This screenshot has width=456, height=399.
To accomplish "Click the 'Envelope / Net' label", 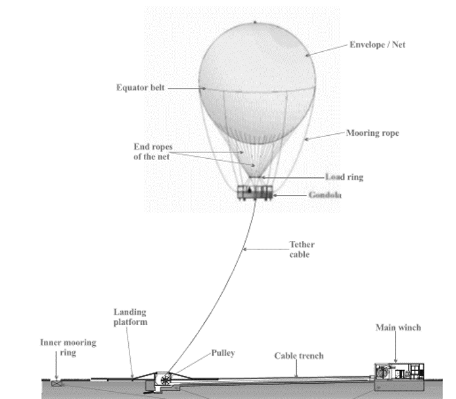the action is point(377,45).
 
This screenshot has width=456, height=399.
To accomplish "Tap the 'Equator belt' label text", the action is point(141,87).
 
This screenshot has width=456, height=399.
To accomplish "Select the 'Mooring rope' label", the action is point(373,133).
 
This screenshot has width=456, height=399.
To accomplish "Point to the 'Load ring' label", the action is point(344,177).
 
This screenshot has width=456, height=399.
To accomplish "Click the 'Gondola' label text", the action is point(325,195).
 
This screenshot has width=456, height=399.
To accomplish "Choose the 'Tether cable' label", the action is point(302,249).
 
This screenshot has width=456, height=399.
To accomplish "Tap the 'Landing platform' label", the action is point(130,317).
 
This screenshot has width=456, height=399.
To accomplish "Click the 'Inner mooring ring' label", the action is point(68,347).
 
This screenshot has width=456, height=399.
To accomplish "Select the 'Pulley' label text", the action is point(223,353).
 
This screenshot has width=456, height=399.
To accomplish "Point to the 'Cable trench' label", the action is point(299,356).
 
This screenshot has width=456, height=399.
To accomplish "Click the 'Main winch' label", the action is point(398,327).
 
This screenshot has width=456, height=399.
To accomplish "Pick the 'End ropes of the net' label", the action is point(153,152).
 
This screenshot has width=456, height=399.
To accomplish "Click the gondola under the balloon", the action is point(255,192).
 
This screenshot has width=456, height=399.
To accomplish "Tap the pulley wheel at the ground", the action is point(166,379).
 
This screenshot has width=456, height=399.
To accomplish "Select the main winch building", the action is point(399,371).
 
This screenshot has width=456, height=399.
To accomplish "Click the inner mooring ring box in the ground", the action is point(56,383).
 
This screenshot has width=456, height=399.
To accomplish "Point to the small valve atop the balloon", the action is point(255,22).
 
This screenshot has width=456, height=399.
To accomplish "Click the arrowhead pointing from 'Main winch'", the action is point(396,361).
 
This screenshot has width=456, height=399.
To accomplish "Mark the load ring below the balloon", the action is point(255,177).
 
